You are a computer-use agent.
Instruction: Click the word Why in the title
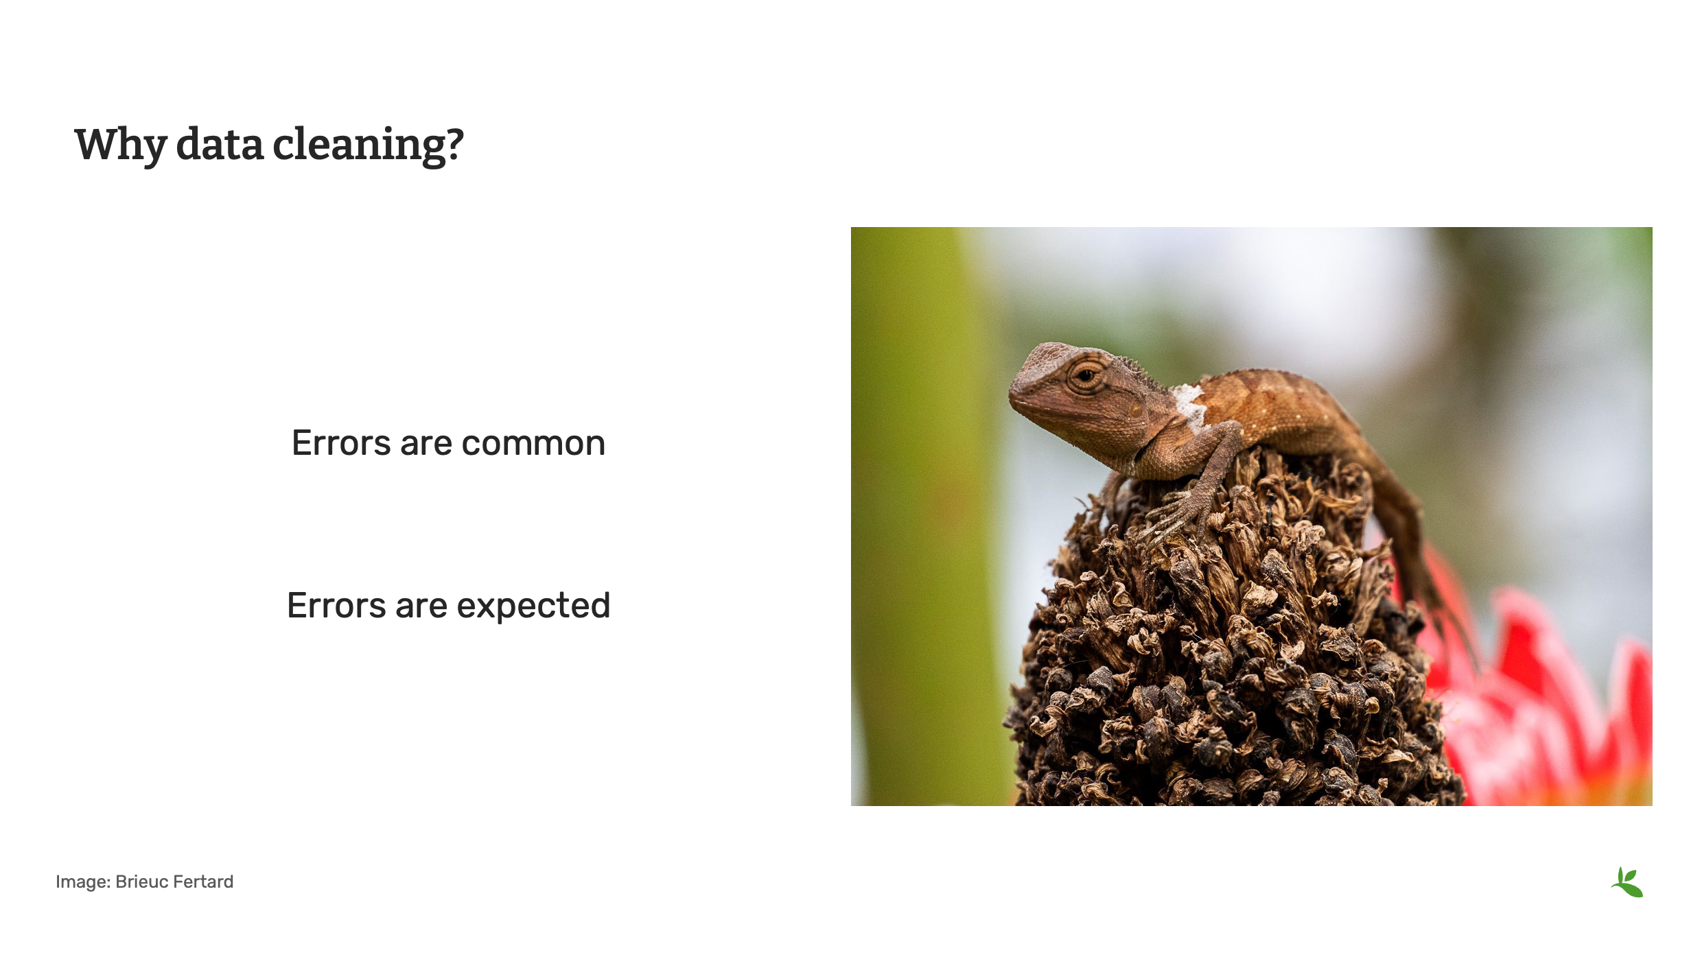pos(120,145)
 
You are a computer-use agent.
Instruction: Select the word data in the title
pos(220,145)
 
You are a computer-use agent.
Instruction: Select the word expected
pos(533,606)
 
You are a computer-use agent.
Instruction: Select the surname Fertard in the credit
pos(204,882)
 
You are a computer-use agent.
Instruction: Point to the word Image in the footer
pos(81,882)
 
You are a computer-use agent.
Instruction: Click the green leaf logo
pos(1627,882)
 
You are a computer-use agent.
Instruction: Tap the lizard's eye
pos(1086,375)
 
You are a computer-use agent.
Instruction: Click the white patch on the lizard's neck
pos(1190,405)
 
